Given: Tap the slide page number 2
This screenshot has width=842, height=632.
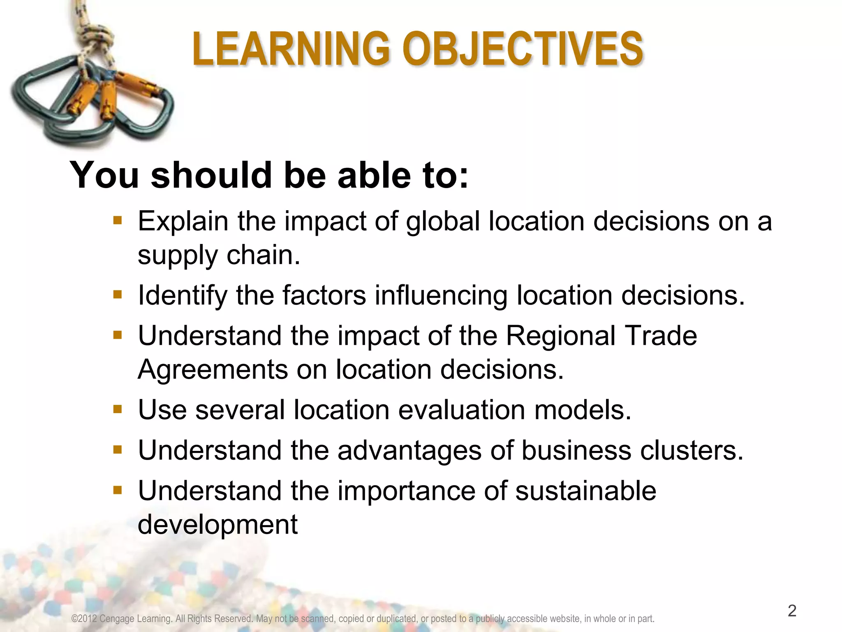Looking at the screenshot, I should tap(792, 611).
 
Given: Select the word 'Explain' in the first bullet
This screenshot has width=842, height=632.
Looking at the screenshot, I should tap(183, 222).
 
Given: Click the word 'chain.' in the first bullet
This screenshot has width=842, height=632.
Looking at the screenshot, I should tap(264, 255).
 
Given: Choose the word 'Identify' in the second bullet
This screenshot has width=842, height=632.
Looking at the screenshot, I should tap(183, 295).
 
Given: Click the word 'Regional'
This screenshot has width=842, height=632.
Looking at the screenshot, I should tap(560, 336).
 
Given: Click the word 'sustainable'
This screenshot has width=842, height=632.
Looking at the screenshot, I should tap(585, 490).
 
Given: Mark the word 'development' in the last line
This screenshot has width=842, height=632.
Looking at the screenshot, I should tap(217, 525).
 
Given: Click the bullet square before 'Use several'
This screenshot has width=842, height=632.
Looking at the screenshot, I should tap(118, 409).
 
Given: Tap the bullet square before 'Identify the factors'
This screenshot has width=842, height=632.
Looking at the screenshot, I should tap(118, 295).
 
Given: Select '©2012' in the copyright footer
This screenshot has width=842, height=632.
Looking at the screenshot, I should tap(84, 619).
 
